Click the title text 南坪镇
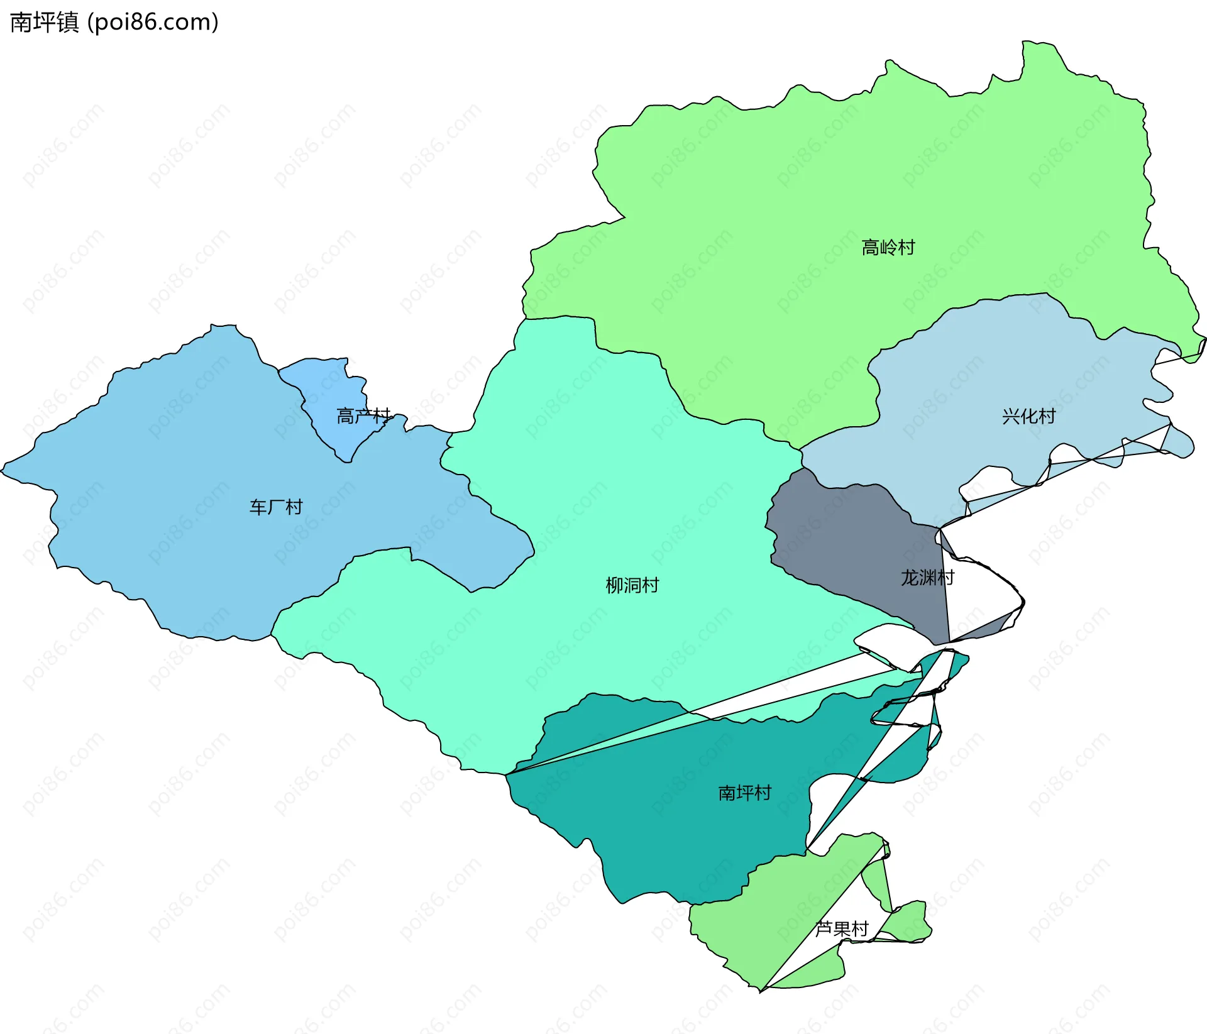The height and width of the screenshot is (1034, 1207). click(x=44, y=23)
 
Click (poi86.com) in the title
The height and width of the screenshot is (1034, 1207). click(x=153, y=23)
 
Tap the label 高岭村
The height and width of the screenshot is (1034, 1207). click(x=888, y=248)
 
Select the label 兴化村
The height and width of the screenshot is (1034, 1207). click(x=1028, y=416)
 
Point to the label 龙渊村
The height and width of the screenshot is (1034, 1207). click(x=927, y=578)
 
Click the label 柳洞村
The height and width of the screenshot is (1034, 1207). click(x=632, y=585)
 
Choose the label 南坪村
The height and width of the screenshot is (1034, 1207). click(x=744, y=793)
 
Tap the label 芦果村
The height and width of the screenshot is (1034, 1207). click(x=841, y=928)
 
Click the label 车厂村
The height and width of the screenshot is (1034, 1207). click(x=276, y=507)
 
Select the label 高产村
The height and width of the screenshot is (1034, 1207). click(x=363, y=415)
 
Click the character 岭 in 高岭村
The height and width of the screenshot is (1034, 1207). click(x=888, y=248)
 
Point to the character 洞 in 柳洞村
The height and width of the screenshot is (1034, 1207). click(x=632, y=585)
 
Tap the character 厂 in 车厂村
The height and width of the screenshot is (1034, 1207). click(x=276, y=507)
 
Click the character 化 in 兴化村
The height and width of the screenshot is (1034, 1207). click(x=1028, y=416)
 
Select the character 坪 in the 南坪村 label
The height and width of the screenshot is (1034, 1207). click(x=744, y=793)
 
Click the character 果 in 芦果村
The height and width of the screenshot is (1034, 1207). click(x=841, y=928)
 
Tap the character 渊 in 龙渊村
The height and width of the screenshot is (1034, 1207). click(x=927, y=578)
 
